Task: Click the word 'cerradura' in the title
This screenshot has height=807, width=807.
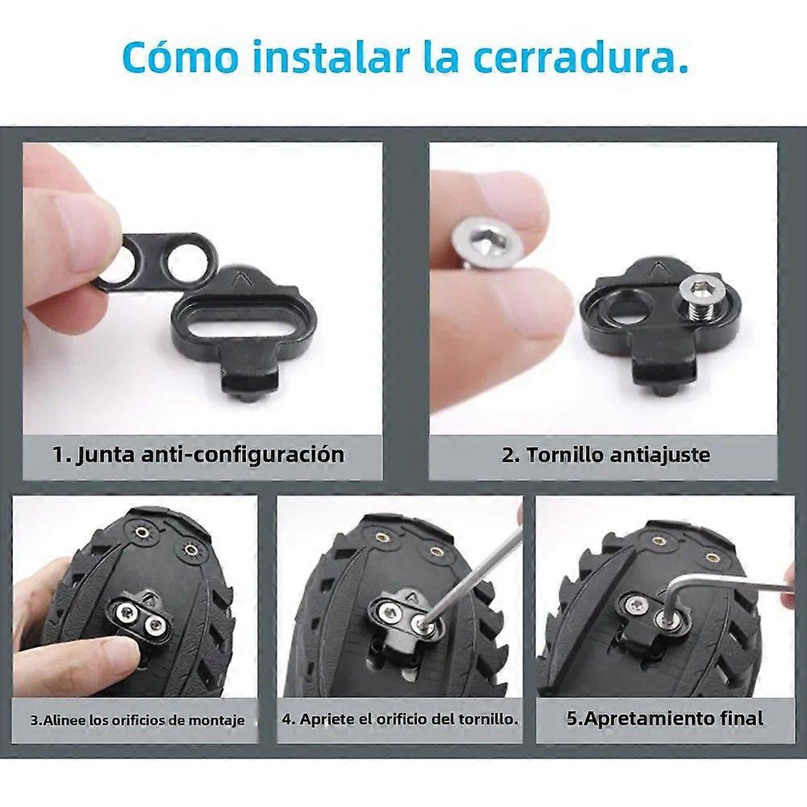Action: tap(581, 56)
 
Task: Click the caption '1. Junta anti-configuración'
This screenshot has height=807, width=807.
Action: tap(199, 454)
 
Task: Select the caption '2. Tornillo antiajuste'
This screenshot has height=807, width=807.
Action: tap(606, 455)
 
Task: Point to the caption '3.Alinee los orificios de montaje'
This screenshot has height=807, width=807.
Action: tap(137, 720)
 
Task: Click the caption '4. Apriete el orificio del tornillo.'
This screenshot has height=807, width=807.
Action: tap(400, 719)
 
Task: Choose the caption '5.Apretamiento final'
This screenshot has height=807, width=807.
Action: tap(665, 718)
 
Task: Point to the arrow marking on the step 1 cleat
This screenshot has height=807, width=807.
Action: tap(238, 279)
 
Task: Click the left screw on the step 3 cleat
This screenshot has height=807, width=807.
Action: tap(126, 612)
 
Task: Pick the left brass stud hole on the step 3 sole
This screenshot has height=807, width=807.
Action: tap(140, 532)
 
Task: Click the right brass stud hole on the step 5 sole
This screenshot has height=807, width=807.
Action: tap(713, 558)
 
